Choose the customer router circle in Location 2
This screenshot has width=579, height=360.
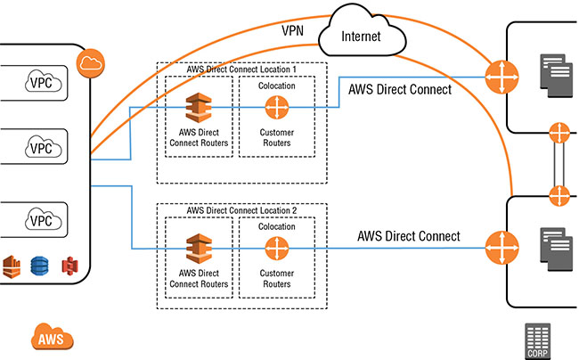point(277,248)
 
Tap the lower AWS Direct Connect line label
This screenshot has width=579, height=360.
point(409,236)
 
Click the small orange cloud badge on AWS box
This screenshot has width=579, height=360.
point(90,62)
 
